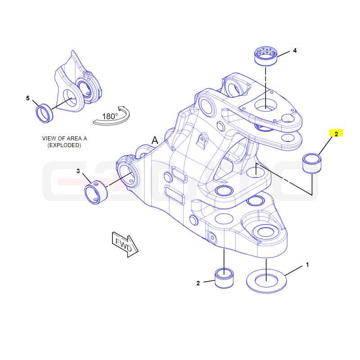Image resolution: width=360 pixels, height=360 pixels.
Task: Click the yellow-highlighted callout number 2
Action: point(336,134)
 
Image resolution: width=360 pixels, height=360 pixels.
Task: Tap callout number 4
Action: point(295,50)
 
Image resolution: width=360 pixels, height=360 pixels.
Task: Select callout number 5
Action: point(28,98)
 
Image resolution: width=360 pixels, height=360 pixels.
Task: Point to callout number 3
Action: point(78,171)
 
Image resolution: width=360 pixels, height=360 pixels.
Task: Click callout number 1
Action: point(307,265)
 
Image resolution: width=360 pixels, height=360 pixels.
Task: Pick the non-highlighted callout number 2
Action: point(198,283)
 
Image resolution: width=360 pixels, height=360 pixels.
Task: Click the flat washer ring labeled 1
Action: point(266,281)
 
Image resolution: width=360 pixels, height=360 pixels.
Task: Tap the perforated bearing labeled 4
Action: point(266,55)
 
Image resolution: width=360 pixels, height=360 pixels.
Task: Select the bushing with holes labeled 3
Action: point(96,193)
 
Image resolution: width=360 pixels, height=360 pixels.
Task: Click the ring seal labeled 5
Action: point(45,113)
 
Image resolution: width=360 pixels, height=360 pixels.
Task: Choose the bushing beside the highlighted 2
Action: point(312,163)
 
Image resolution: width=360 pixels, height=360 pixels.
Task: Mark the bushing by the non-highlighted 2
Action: point(224,278)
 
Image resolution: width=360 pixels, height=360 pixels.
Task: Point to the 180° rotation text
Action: point(110,117)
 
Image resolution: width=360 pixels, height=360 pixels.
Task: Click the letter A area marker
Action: point(155,140)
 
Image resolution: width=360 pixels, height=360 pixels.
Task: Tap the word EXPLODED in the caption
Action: point(64,145)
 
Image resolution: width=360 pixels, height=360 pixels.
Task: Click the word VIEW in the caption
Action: point(49,139)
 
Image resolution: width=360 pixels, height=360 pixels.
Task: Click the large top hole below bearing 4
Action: point(266,105)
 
